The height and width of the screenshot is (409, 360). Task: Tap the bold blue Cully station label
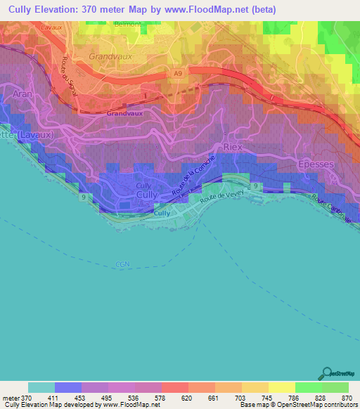[x=162, y=212]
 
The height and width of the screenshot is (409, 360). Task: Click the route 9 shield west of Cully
[x=85, y=198]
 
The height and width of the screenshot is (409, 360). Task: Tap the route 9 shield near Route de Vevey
[x=256, y=185]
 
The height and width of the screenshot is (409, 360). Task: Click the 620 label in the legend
[x=188, y=397]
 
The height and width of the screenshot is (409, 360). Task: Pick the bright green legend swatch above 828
[x=308, y=387]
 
